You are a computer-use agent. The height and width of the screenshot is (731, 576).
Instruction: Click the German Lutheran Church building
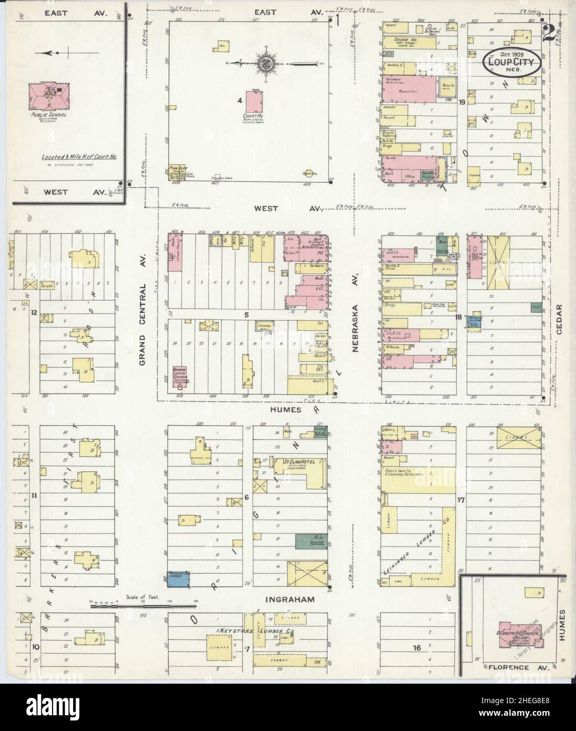pos(181,377)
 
